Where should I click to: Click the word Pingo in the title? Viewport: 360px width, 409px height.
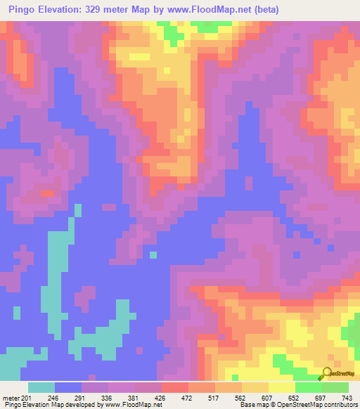click(20, 10)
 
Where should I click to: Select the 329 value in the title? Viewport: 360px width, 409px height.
click(95, 10)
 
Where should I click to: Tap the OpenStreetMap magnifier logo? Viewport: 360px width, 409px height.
click(326, 374)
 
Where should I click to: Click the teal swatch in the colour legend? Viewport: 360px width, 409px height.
click(41, 388)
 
